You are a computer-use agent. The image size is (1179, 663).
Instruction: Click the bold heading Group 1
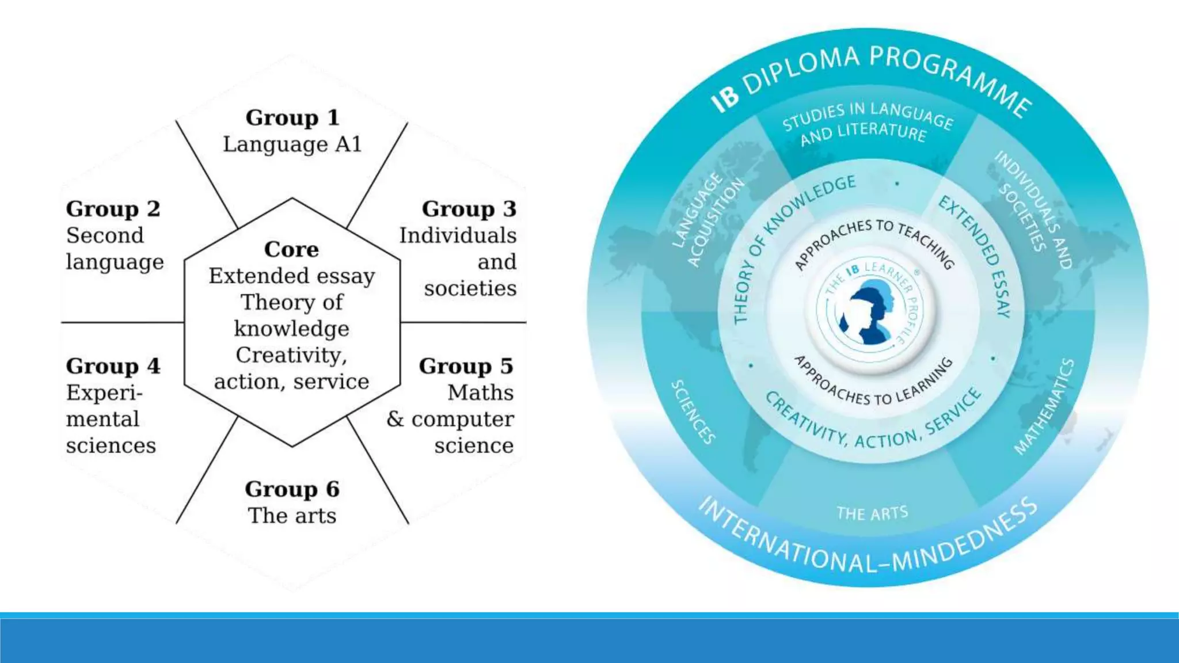pos(292,117)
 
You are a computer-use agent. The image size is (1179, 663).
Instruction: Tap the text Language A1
pos(292,144)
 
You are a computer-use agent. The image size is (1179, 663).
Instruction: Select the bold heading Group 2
pos(113,209)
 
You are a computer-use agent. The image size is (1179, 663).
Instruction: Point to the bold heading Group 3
pos(469,209)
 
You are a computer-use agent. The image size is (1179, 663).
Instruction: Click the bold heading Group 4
pos(113,366)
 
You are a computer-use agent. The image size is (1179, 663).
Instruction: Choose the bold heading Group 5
pos(466,366)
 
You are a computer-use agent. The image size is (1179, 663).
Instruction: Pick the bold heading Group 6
pos(292,489)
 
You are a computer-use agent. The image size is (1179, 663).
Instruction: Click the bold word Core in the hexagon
pos(291,249)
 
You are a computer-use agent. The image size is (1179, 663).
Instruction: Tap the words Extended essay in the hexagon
pos(292,276)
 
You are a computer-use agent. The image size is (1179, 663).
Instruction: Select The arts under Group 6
pos(292,516)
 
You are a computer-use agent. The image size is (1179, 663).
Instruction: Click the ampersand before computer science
pos(395,419)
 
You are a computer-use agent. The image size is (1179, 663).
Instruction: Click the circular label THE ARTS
pos(872,513)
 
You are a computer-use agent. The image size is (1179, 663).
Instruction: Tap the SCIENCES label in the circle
pos(694,411)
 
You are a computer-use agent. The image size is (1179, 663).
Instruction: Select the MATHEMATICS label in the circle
pos(1044,406)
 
